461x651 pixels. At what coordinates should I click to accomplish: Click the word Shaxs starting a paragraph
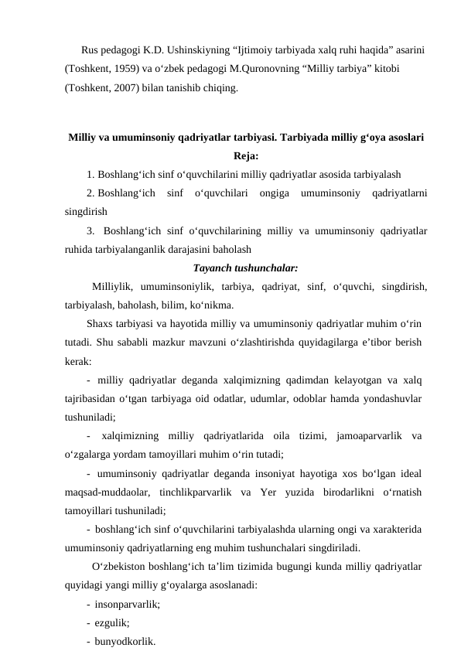click(101, 322)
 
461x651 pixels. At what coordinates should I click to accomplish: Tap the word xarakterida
click(394, 530)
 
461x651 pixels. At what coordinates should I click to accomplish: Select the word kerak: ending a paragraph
click(78, 360)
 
